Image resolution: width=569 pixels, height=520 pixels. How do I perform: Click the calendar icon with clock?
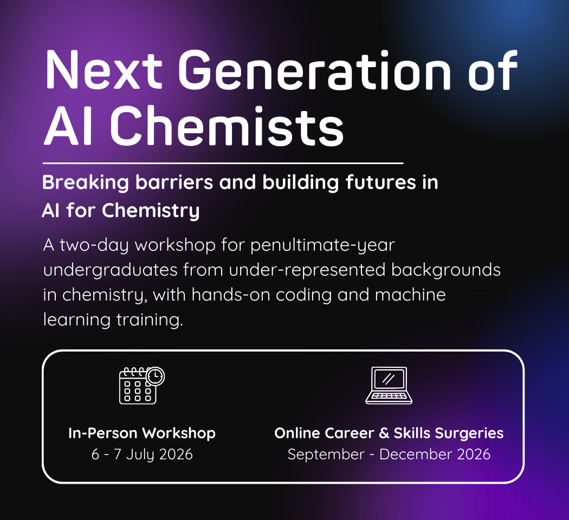point(142,386)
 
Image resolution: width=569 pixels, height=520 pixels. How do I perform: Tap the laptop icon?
point(389,386)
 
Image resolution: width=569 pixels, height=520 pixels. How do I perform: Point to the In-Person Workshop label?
point(142,433)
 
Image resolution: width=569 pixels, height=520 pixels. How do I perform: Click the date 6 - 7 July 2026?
point(142,454)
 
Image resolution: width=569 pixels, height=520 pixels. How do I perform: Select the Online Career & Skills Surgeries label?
point(389,433)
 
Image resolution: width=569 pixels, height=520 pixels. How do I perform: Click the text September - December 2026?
point(389,454)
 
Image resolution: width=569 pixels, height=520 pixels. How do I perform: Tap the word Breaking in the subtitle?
point(86,183)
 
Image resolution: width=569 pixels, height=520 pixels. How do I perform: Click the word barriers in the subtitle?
point(174,182)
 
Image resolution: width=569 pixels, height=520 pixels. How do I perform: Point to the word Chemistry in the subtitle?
point(151,211)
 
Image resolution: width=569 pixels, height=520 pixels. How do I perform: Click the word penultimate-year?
point(322,245)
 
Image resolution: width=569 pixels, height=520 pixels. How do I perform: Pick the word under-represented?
point(307,270)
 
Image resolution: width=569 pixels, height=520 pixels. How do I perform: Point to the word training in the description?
point(150,320)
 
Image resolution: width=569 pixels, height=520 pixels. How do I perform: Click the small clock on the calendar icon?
point(156,376)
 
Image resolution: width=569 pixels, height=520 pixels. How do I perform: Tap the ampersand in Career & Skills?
point(384,433)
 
